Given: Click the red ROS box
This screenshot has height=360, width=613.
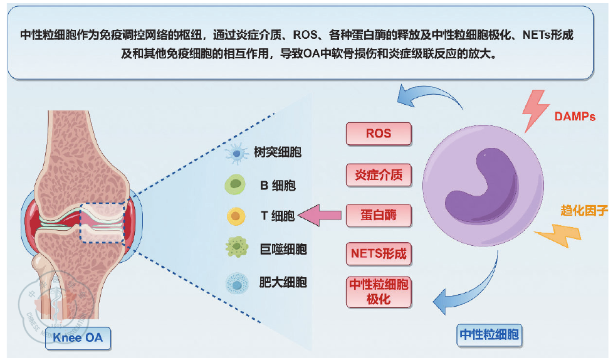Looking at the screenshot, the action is tap(379, 134).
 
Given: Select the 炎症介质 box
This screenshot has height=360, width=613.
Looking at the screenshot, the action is tap(379, 174).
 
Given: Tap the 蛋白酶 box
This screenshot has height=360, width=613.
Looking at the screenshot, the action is tap(379, 215).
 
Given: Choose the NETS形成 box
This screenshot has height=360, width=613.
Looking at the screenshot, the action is tap(379, 253).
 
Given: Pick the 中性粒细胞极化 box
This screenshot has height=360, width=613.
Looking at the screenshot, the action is tap(379, 292).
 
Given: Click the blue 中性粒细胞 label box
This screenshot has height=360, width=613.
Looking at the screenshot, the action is tap(489, 334).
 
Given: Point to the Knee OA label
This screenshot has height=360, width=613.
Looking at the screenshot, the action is tap(78, 337).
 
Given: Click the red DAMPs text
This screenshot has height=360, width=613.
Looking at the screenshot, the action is tap(575, 116).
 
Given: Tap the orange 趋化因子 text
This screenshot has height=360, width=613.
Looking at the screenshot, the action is tap(584, 211).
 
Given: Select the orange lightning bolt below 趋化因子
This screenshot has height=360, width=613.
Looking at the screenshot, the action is tap(559, 235).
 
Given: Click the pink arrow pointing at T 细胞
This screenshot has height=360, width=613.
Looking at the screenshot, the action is tap(320, 215).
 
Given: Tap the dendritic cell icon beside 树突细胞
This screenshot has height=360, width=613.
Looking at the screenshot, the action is tap(236, 153).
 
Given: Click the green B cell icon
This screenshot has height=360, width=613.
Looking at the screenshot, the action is tap(235, 184).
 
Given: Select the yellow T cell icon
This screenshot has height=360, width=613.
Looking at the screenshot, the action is tap(236, 216).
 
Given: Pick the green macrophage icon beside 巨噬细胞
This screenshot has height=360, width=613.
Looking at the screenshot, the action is tap(236, 247).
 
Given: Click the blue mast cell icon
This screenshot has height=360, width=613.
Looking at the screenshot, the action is tap(237, 283).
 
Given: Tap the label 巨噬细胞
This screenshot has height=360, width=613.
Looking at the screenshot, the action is tap(283, 249).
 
